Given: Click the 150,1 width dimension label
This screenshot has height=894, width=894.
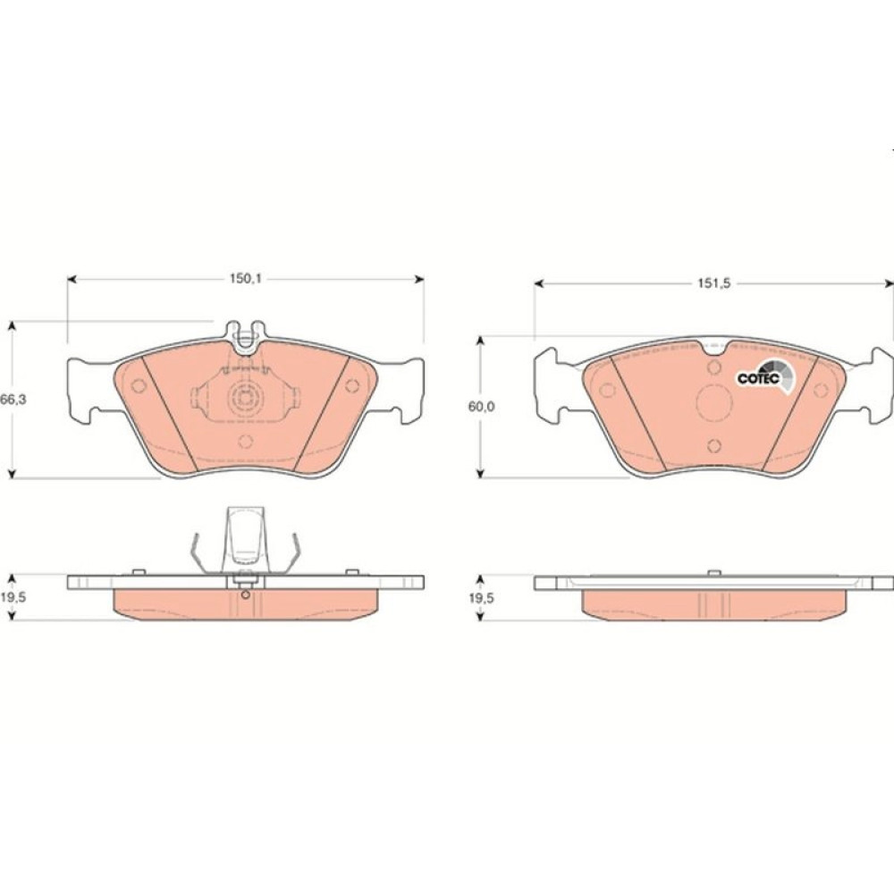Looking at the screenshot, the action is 245,279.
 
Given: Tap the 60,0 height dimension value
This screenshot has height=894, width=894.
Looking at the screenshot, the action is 481,407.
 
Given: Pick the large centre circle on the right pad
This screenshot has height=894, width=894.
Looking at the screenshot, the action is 714,401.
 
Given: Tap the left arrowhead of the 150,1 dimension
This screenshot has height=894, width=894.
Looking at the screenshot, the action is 72,279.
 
